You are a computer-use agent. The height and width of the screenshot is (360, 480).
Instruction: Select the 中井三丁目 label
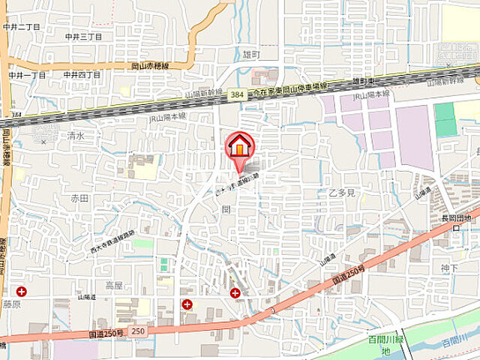click(82, 36)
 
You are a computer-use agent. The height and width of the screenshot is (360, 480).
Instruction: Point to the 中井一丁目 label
click(27, 75)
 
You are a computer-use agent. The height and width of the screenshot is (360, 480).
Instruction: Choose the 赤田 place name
click(79, 198)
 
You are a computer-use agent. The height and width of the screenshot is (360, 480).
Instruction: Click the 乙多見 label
click(340, 193)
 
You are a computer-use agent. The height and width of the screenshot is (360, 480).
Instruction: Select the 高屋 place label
click(114, 285)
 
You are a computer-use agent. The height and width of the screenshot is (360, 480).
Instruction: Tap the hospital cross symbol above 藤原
click(22, 291)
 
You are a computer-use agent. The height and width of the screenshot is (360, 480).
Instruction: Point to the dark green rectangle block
click(445, 119)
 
